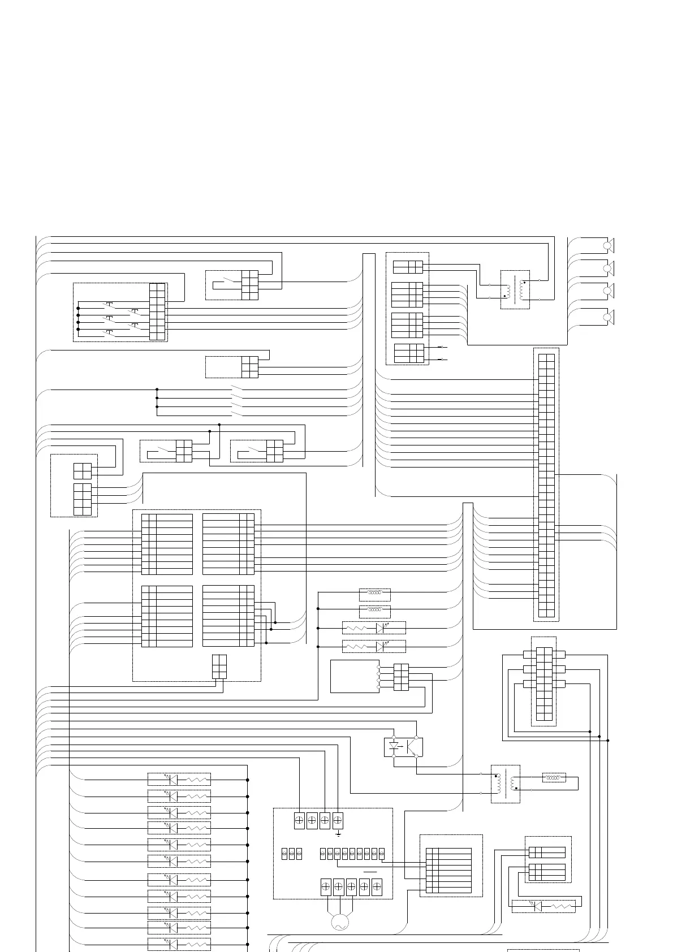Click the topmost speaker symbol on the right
coord(609,245)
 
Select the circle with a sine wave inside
coord(339,923)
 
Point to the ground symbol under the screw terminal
coord(338,834)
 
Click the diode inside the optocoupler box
coord(394,746)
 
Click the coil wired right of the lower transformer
coord(554,778)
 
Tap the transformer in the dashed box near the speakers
coord(515,289)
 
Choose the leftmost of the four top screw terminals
coord(299,821)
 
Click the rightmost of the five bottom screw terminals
coord(377,887)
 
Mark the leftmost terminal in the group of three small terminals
coord(284,854)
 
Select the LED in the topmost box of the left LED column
coord(172,780)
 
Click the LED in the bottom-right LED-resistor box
coord(537,906)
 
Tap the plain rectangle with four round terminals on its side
coord(355,676)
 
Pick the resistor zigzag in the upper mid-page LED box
coord(356,628)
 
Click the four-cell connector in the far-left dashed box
coord(82,471)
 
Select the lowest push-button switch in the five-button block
coord(109,334)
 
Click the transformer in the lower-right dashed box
coord(506,784)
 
